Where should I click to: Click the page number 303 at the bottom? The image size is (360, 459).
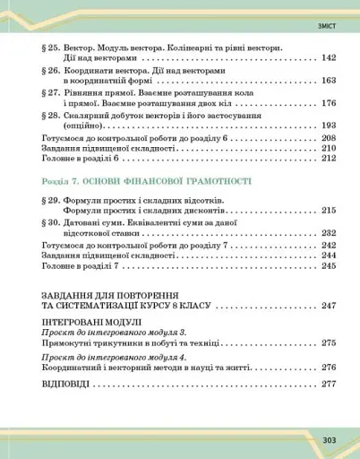tap(329, 439)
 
